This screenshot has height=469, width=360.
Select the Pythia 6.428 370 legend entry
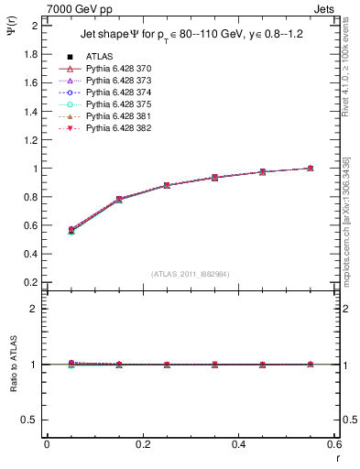click(x=117, y=69)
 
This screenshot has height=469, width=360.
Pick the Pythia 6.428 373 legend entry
click(x=117, y=81)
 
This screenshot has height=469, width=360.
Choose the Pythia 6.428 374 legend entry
click(x=117, y=93)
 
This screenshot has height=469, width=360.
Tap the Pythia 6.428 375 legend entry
click(x=117, y=104)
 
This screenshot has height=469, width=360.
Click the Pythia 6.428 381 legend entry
click(x=117, y=116)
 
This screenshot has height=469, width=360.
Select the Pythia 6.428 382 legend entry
click(x=117, y=128)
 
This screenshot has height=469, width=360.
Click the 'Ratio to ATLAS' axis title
click(x=13, y=365)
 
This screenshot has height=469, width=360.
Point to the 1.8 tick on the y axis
click(x=31, y=54)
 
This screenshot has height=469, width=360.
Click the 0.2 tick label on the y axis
click(x=31, y=283)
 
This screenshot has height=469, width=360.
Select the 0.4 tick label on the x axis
click(x=238, y=444)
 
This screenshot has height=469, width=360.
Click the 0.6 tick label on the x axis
click(x=334, y=444)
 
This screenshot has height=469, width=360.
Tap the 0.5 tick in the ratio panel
click(x=31, y=420)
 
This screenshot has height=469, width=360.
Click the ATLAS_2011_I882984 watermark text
click(x=190, y=274)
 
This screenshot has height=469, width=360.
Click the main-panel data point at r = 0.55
click(x=311, y=168)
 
